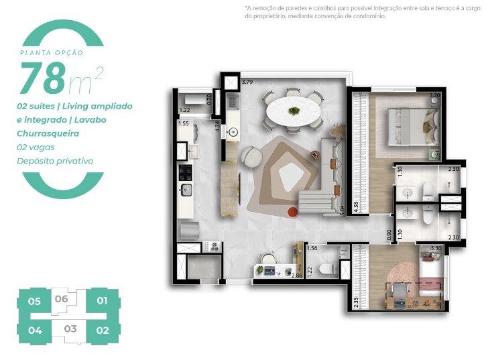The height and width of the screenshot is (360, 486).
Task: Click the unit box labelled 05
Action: point(35,301)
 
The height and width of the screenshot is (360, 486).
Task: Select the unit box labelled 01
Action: point(102,301)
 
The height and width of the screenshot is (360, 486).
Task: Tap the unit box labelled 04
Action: point(35,330)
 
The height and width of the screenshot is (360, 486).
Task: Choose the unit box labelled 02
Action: point(102,330)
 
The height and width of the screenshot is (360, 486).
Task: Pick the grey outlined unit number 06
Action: point(62,299)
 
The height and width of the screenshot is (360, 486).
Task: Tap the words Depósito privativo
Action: point(55,161)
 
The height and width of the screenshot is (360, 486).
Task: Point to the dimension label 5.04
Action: point(343,210)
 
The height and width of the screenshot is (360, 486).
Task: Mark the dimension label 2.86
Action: point(296,275)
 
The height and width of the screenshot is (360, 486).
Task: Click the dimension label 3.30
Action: point(435,248)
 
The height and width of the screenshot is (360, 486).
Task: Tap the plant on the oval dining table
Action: point(293,110)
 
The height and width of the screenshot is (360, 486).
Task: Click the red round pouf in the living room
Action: point(293,213)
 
